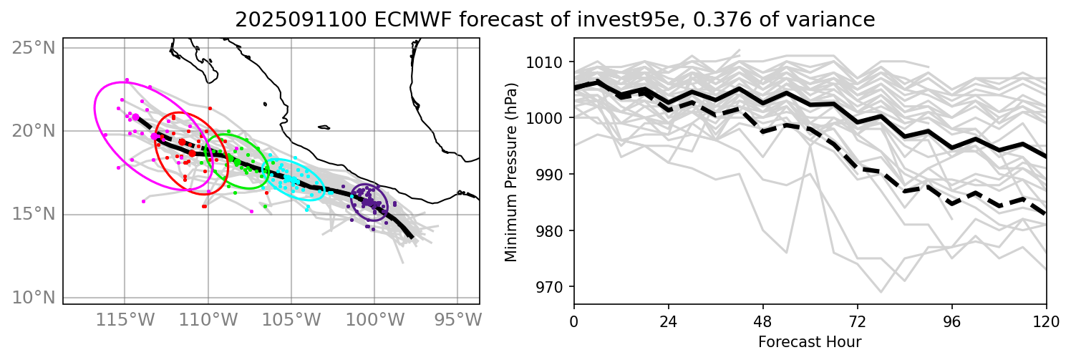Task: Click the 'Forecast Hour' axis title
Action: click(x=810, y=341)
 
